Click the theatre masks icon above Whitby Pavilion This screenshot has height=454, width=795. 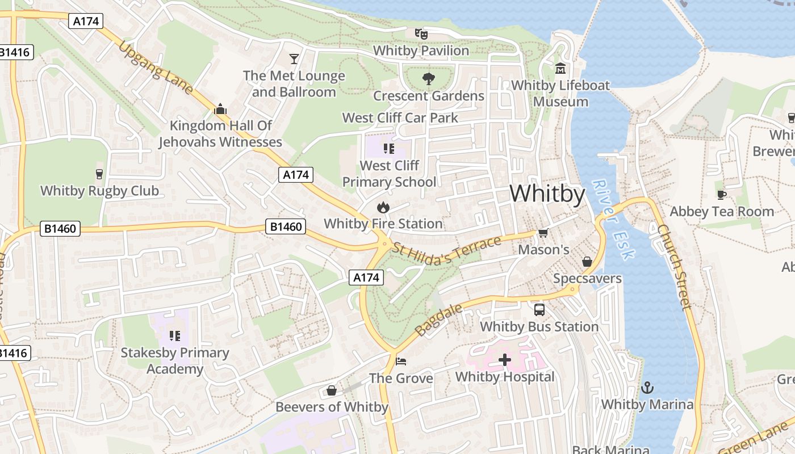(x=421, y=34)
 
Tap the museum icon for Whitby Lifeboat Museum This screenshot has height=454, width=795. (x=561, y=69)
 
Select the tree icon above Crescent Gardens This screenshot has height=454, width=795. (x=429, y=79)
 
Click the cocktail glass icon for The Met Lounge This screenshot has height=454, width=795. (x=294, y=58)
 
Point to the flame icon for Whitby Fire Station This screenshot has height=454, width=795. (x=383, y=207)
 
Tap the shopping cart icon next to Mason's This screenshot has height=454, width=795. (x=543, y=233)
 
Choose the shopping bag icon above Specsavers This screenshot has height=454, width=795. (x=587, y=262)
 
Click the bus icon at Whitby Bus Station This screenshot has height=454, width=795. (x=539, y=310)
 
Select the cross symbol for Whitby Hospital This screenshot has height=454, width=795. (x=504, y=360)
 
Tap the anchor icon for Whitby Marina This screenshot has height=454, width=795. (x=647, y=388)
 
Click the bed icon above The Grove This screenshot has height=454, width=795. (x=401, y=361)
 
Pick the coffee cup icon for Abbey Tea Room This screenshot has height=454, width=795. (x=721, y=195)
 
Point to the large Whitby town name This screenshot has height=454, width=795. (x=547, y=194)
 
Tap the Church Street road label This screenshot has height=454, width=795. (x=674, y=267)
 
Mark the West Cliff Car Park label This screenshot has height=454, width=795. (x=400, y=118)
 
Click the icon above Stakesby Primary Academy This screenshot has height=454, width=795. (x=175, y=335)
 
